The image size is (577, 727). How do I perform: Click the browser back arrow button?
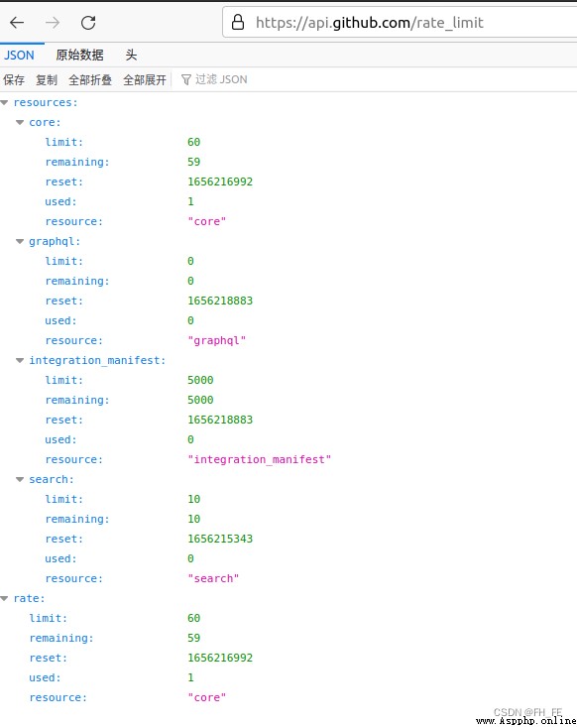[17, 22]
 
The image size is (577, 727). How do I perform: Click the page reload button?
[88, 22]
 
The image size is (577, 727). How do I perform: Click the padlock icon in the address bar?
[238, 22]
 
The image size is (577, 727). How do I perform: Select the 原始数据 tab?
[79, 56]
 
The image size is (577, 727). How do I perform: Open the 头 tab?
[131, 56]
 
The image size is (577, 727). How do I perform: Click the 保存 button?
[14, 79]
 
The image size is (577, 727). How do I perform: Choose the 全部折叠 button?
[90, 79]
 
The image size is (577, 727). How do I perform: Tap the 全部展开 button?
[145, 79]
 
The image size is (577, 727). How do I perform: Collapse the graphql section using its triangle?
[20, 242]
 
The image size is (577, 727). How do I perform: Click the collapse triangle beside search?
[20, 479]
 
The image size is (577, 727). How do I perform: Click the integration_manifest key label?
[97, 360]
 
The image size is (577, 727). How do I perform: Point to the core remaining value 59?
[193, 162]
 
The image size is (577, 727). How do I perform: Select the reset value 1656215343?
[220, 539]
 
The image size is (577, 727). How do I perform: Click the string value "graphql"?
[217, 341]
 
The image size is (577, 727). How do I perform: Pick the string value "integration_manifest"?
[260, 459]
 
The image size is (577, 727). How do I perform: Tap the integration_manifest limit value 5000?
[200, 380]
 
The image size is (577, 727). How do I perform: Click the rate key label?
[29, 599]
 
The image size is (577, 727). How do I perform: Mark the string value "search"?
[213, 578]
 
